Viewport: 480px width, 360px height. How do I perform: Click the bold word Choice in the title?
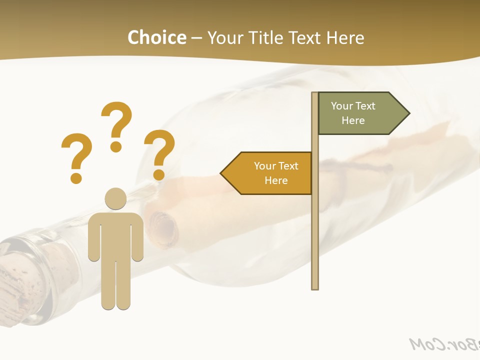tap(156, 37)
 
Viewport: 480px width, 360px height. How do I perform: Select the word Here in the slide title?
tap(345, 37)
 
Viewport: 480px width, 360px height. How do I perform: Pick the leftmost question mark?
tap(76, 156)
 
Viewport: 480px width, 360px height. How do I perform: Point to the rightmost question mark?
tap(159, 153)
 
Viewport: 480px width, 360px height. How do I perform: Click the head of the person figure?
tap(115, 198)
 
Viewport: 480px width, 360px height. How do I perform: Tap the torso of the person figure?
tap(115, 235)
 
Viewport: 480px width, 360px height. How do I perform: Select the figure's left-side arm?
tap(93, 237)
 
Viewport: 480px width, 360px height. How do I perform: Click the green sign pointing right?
tap(357, 113)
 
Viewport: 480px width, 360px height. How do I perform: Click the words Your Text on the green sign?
tap(353, 106)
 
